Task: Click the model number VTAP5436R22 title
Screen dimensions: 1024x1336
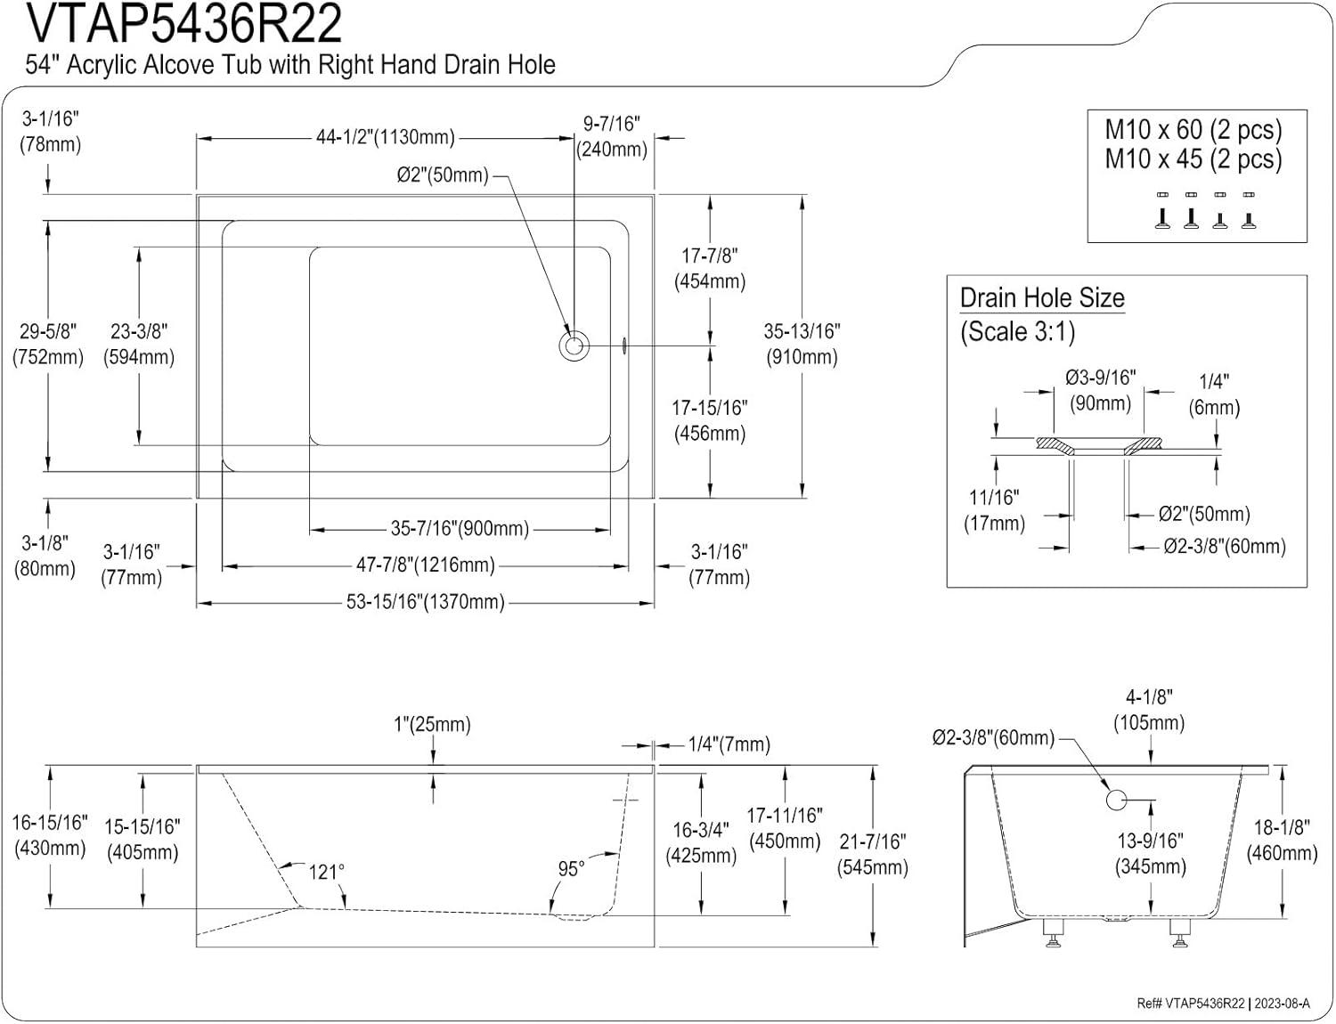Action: click(x=184, y=24)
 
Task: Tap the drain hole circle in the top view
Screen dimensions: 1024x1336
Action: click(x=574, y=345)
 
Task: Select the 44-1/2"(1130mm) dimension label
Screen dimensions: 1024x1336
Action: click(x=385, y=138)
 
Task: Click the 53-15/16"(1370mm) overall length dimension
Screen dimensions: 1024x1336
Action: click(x=426, y=603)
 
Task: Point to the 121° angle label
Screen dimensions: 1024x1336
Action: click(x=326, y=872)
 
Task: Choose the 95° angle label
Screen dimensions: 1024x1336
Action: click(x=571, y=868)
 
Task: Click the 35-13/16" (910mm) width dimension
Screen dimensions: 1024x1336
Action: click(x=802, y=344)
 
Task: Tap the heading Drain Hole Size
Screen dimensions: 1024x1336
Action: click(x=1042, y=298)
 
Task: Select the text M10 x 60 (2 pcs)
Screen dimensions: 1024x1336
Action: click(x=1193, y=130)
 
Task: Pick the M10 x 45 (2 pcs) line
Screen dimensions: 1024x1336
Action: click(x=1193, y=159)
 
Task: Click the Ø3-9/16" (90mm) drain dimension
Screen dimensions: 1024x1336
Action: click(x=1101, y=390)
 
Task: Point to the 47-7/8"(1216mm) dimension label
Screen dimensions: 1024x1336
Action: click(x=426, y=565)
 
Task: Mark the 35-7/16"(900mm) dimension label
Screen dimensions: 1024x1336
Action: click(x=460, y=529)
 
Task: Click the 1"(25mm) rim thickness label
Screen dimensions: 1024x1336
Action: click(x=432, y=725)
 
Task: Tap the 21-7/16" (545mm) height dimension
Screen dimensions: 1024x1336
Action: click(x=873, y=854)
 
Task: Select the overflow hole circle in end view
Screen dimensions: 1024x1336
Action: click(x=1117, y=799)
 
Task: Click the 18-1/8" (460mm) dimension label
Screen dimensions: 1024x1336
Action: click(x=1282, y=840)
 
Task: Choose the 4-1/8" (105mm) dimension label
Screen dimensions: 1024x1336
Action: click(x=1149, y=710)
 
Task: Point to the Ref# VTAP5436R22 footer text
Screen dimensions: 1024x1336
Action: click(x=1190, y=1004)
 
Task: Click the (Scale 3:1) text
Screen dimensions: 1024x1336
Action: click(x=1017, y=332)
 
